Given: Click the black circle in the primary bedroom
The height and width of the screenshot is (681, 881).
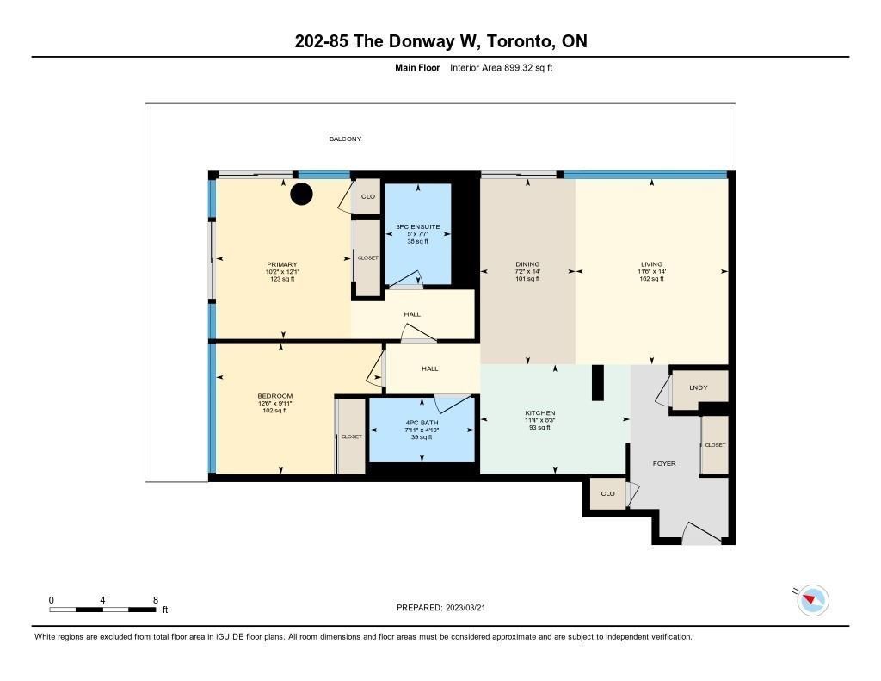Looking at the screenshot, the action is click(301, 194).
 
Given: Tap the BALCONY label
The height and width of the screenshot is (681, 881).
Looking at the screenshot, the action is click(345, 139).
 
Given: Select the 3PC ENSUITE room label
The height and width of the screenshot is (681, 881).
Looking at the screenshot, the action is click(418, 226).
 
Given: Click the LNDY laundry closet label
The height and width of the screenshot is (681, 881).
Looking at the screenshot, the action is click(699, 387).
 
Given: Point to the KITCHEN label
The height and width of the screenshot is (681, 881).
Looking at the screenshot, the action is click(540, 412).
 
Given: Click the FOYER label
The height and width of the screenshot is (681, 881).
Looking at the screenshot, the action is click(664, 463).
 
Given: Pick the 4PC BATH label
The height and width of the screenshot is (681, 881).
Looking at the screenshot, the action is click(422, 423).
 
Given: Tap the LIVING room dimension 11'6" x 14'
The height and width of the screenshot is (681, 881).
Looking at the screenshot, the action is click(652, 271).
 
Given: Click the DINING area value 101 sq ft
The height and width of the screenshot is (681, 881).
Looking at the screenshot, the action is click(527, 278).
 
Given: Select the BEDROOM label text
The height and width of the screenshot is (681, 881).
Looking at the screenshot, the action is click(274, 396).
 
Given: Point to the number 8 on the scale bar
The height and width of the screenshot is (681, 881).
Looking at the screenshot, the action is click(156, 600).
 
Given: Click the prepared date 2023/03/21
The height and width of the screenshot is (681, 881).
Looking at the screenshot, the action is click(465, 608).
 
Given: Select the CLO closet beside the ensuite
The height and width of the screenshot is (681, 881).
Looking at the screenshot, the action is click(368, 196).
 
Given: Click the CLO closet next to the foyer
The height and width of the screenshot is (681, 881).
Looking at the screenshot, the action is click(607, 493).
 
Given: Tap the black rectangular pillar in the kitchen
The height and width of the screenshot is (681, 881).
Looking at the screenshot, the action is click(598, 383).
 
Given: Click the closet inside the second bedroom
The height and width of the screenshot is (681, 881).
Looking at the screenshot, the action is click(352, 436).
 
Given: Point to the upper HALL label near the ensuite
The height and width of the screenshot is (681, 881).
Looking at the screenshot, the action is click(412, 314).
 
